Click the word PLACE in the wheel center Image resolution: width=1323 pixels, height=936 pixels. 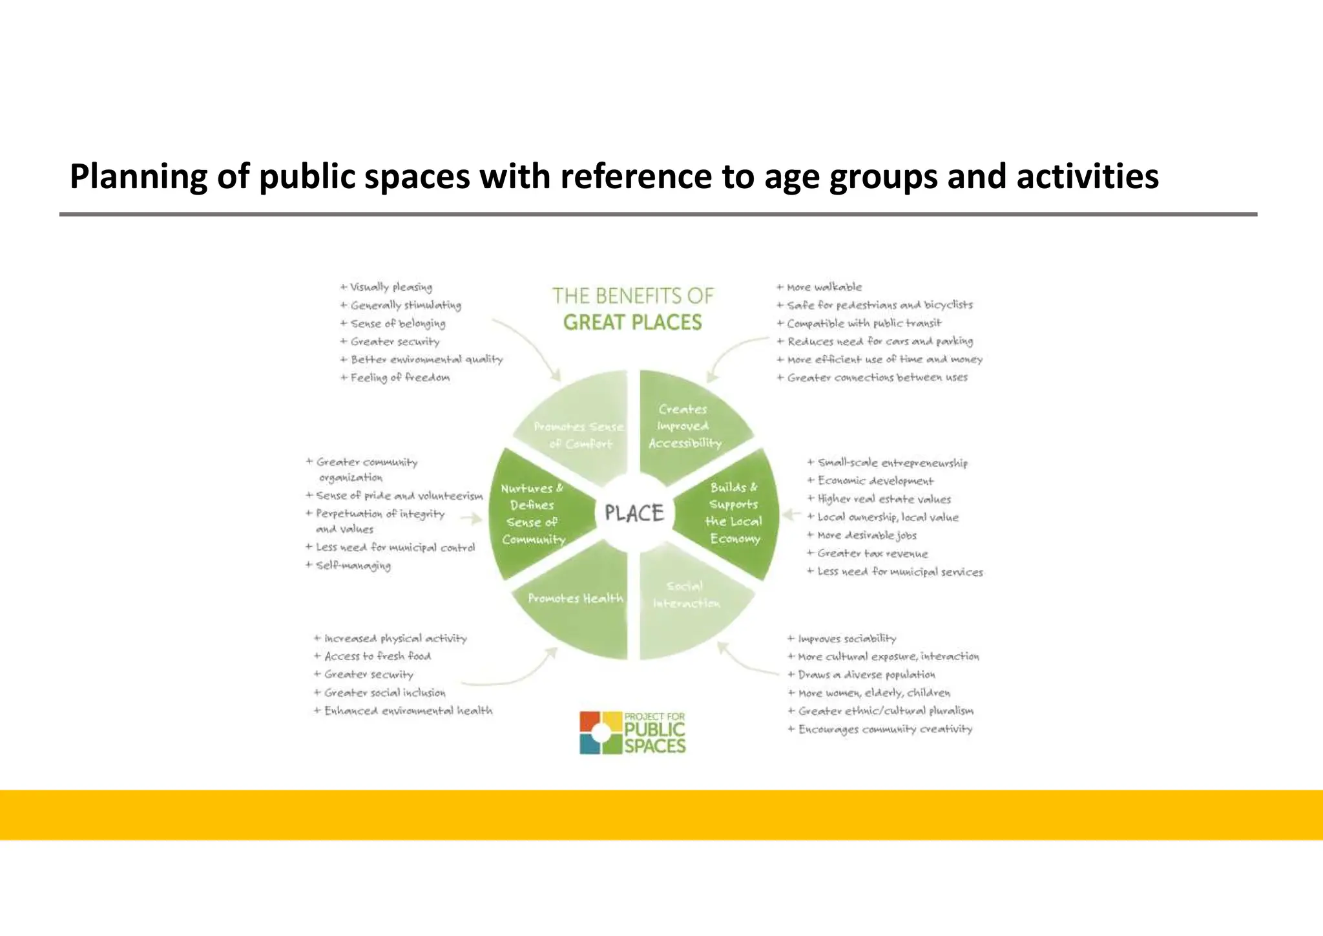pyautogui.click(x=634, y=513)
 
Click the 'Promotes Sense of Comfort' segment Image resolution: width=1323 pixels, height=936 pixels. pyautogui.click(x=579, y=434)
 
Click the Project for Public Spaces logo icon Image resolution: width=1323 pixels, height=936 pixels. pyautogui.click(x=600, y=732)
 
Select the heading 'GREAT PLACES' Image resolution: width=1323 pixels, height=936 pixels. pyautogui.click(x=632, y=322)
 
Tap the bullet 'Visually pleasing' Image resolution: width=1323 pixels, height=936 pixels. pyautogui.click(x=391, y=287)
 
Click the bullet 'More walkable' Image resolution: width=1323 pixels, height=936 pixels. pyautogui.click(x=824, y=287)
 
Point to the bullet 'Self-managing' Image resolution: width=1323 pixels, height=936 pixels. pyautogui.click(x=353, y=566)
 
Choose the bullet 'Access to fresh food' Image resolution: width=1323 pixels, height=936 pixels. pyautogui.click(x=377, y=656)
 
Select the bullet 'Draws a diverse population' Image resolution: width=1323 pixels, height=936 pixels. pyautogui.click(x=866, y=675)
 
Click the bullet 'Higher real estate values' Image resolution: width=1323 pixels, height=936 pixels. pyautogui.click(x=884, y=499)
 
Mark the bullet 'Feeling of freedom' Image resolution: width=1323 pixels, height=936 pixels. pyautogui.click(x=400, y=378)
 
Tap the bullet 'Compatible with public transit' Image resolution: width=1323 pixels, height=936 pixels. pyautogui.click(x=864, y=323)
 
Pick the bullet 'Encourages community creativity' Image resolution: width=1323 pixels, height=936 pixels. pyautogui.click(x=885, y=729)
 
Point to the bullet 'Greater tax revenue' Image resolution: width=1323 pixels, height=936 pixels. pyautogui.click(x=872, y=553)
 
